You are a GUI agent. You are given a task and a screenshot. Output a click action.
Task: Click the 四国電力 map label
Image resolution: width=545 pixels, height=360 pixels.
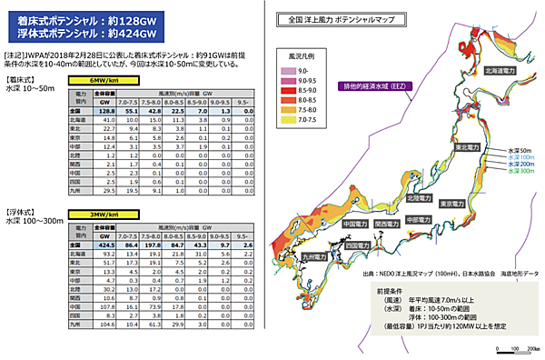[x=358, y=245]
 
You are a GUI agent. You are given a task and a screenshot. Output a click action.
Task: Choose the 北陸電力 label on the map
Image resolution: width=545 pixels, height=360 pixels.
[x=421, y=197]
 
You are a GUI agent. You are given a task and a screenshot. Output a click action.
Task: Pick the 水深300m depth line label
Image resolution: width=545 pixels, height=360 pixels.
[x=521, y=170]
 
